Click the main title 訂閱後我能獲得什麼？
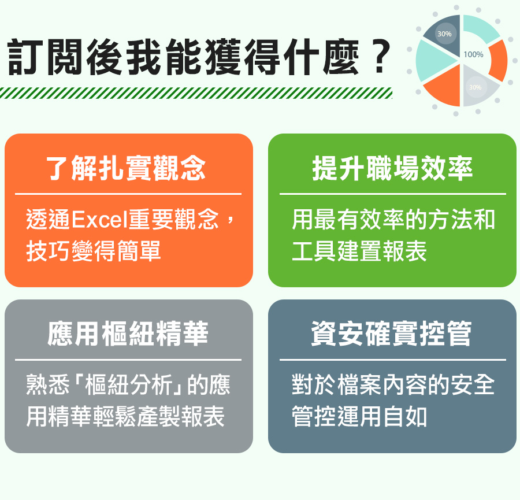click(x=199, y=57)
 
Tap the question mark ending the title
click(x=380, y=57)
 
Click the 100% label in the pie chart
click(x=473, y=54)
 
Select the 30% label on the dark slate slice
click(x=444, y=34)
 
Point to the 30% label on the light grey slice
click(x=475, y=87)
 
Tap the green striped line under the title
click(x=196, y=93)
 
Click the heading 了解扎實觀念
click(x=126, y=168)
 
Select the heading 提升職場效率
click(x=392, y=168)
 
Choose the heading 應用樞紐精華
click(x=128, y=334)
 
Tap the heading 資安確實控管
click(x=391, y=334)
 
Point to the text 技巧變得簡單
click(x=94, y=251)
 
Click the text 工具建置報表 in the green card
click(x=359, y=251)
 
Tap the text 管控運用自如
click(x=359, y=416)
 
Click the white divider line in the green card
click(x=393, y=194)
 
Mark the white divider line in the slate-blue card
click(x=393, y=360)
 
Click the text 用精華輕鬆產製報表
click(x=125, y=416)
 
